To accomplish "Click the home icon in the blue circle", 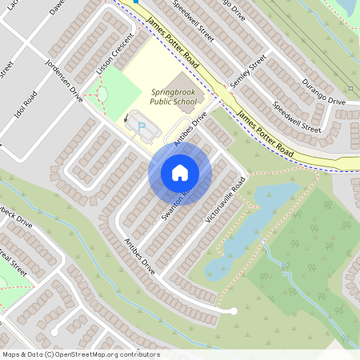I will [180, 172].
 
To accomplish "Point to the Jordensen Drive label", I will [65, 83].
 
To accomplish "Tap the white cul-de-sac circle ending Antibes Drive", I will [234, 310].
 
